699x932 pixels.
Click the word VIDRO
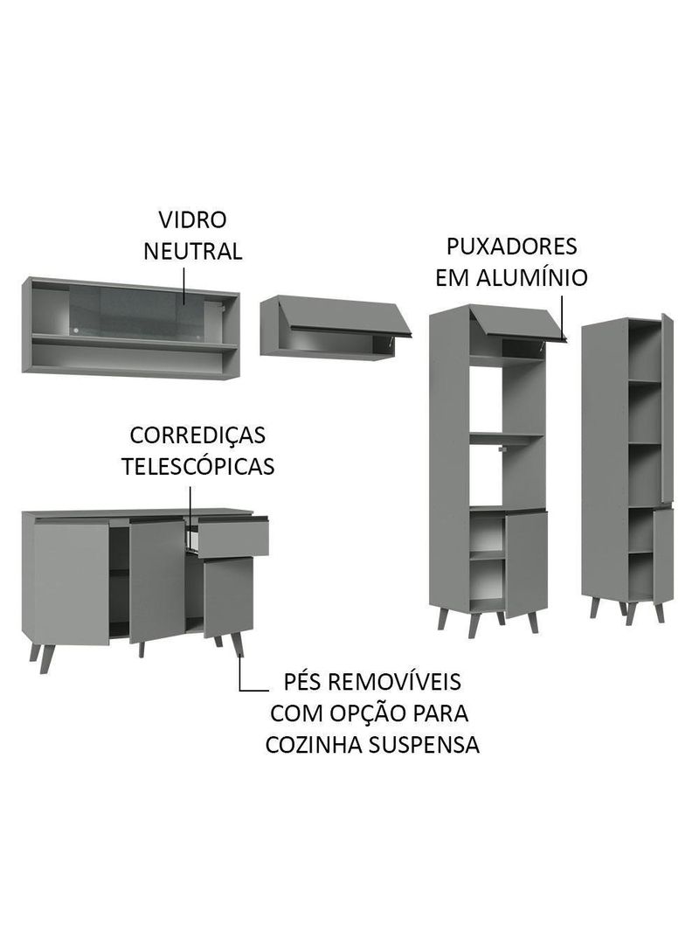192,219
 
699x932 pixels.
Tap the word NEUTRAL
192,252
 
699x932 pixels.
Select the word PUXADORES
511,246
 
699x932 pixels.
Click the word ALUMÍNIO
543,278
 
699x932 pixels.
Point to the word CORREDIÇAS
197,435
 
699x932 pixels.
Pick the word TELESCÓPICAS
197,466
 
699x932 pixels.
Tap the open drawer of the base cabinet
232,538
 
